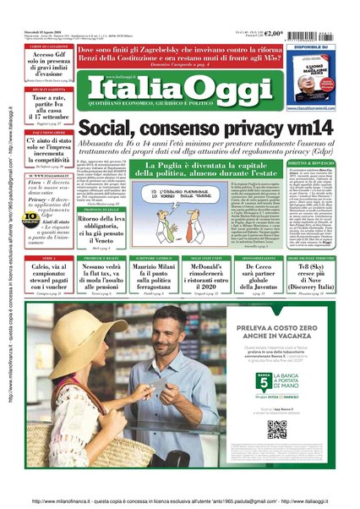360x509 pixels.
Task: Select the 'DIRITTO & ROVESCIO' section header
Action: click(x=315, y=162)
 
